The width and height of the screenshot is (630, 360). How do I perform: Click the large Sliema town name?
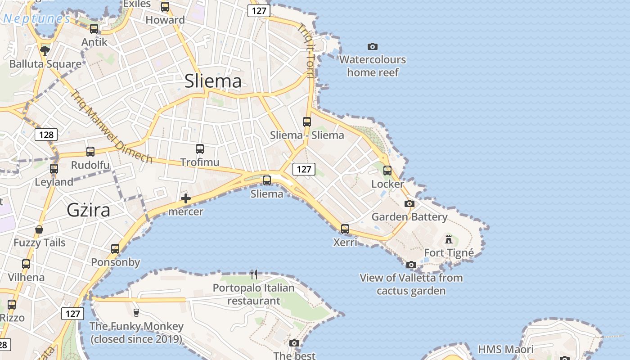pos(213,81)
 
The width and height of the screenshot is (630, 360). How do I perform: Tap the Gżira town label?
pos(88,210)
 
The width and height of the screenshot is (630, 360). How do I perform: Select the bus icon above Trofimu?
pos(200,148)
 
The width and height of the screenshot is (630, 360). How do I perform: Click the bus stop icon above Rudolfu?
pos(90,152)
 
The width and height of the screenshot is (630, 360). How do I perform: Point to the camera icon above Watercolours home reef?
pos(372,46)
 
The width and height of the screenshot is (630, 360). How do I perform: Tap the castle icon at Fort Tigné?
pos(449,239)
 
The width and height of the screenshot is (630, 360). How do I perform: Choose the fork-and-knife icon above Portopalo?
pos(254,274)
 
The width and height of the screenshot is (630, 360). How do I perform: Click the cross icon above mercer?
pos(185,198)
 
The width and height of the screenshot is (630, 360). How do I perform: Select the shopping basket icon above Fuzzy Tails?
pos(40,229)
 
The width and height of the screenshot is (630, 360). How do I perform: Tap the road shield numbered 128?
pos(46,135)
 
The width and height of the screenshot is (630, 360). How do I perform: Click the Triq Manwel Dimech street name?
pos(111,126)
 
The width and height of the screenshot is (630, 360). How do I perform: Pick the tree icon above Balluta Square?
pos(45,50)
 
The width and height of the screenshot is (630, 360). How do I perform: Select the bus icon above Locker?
pos(387,171)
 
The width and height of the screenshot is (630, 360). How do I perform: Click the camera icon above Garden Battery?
pos(409,204)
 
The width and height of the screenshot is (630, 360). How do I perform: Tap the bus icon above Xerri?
pos(345,229)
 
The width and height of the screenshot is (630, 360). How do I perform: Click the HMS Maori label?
pos(505,349)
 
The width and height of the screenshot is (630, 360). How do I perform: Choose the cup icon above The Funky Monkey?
pos(136,312)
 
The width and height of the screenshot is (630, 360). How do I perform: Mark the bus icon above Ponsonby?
pos(115,249)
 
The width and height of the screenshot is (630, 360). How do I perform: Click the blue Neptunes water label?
pos(36,19)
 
